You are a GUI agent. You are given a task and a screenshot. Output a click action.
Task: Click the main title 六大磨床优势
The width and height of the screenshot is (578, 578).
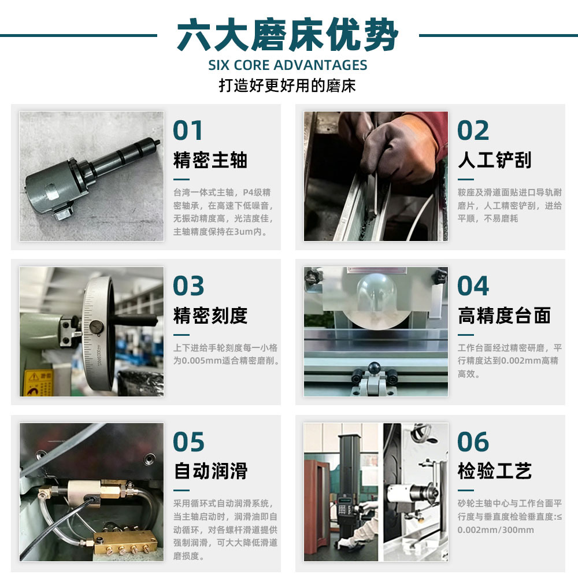click(x=287, y=35)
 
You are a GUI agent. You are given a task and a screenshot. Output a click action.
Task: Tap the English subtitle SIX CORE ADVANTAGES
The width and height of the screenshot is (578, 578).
click(x=287, y=65)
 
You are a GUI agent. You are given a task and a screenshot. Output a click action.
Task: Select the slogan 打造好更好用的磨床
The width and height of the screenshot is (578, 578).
click(x=287, y=86)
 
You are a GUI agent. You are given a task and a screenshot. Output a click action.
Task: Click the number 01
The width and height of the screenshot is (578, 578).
click(x=188, y=130)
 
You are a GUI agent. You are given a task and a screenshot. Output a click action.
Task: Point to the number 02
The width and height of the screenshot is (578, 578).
click(x=473, y=130)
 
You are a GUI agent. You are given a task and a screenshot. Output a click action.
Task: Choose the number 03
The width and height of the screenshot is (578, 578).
click(x=188, y=286)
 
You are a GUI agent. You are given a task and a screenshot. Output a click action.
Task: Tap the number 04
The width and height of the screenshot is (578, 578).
click(x=473, y=286)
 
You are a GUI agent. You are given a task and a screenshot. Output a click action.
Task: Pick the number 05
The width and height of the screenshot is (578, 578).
click(x=188, y=442)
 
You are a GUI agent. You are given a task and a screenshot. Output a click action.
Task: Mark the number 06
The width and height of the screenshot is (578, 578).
click(x=473, y=442)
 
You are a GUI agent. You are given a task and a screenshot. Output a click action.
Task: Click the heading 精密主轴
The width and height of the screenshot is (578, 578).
click(x=210, y=160)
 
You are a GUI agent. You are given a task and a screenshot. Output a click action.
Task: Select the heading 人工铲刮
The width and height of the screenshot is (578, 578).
click(x=495, y=160)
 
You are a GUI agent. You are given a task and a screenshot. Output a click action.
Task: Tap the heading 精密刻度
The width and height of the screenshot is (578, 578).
click(x=210, y=316)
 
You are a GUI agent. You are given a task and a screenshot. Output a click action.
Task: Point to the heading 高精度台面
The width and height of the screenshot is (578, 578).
click(x=504, y=316)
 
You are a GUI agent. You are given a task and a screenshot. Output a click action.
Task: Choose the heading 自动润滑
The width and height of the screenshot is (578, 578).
click(x=210, y=471)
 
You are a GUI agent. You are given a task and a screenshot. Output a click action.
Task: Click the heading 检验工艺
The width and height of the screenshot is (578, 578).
click(x=495, y=471)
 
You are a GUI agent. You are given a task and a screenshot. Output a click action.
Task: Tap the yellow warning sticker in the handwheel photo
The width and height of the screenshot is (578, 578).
click(x=38, y=383)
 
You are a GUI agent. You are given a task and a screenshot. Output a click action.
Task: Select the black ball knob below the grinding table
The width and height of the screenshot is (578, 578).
click(x=374, y=368)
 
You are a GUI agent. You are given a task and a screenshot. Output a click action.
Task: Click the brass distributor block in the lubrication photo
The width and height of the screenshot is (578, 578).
click(x=125, y=543)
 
